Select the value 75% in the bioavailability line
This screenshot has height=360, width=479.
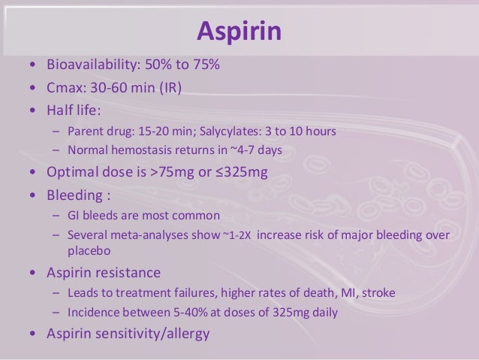(205, 66)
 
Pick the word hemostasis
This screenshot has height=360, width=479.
(141, 150)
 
